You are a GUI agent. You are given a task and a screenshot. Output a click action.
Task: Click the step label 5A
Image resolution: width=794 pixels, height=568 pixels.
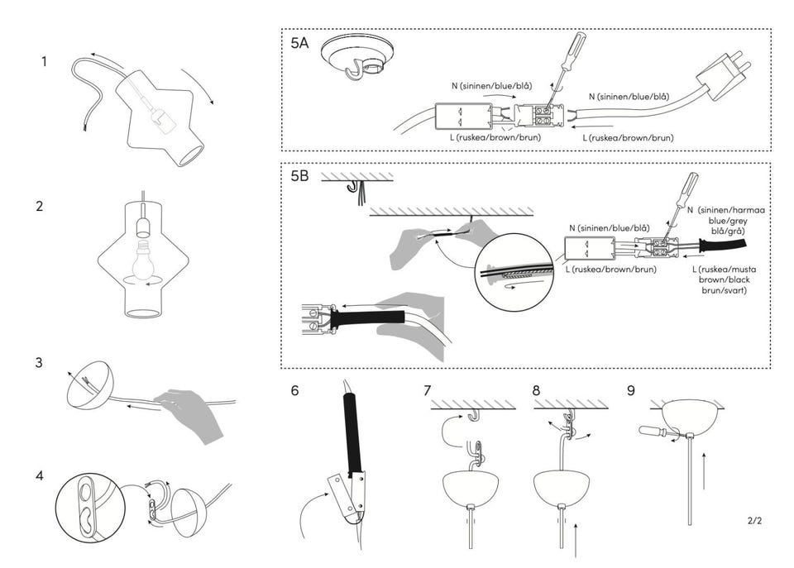point(299,44)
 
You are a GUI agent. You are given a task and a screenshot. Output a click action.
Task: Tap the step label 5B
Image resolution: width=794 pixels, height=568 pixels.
point(299,175)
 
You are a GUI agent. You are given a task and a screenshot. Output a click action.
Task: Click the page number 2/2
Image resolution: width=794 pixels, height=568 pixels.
point(753,521)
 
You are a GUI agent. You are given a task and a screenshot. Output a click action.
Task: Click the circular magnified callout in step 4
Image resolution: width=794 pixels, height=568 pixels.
point(88,506)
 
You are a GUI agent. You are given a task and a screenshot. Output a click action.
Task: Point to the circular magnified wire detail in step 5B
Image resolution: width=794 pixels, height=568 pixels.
point(514,274)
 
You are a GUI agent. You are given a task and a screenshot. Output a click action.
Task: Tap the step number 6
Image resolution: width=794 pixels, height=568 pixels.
point(294,390)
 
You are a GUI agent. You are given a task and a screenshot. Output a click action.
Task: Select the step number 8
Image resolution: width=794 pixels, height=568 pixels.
point(538,390)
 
